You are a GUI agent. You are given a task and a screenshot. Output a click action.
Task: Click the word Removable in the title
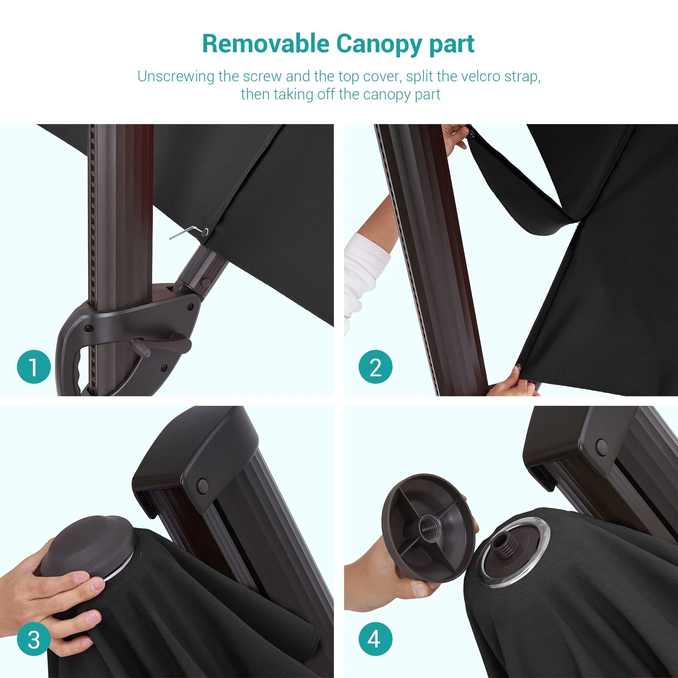(x=266, y=44)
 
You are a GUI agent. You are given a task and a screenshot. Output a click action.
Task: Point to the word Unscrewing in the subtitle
(x=176, y=77)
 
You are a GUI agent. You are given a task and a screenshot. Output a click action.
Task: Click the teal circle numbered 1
(x=34, y=367)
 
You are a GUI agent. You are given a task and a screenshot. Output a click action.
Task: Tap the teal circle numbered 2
(x=375, y=367)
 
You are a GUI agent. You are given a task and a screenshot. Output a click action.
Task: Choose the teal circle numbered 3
(x=34, y=639)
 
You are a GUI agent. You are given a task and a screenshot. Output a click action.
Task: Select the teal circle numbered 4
(x=375, y=639)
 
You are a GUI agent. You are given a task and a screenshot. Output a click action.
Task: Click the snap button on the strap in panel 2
(x=472, y=133)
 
